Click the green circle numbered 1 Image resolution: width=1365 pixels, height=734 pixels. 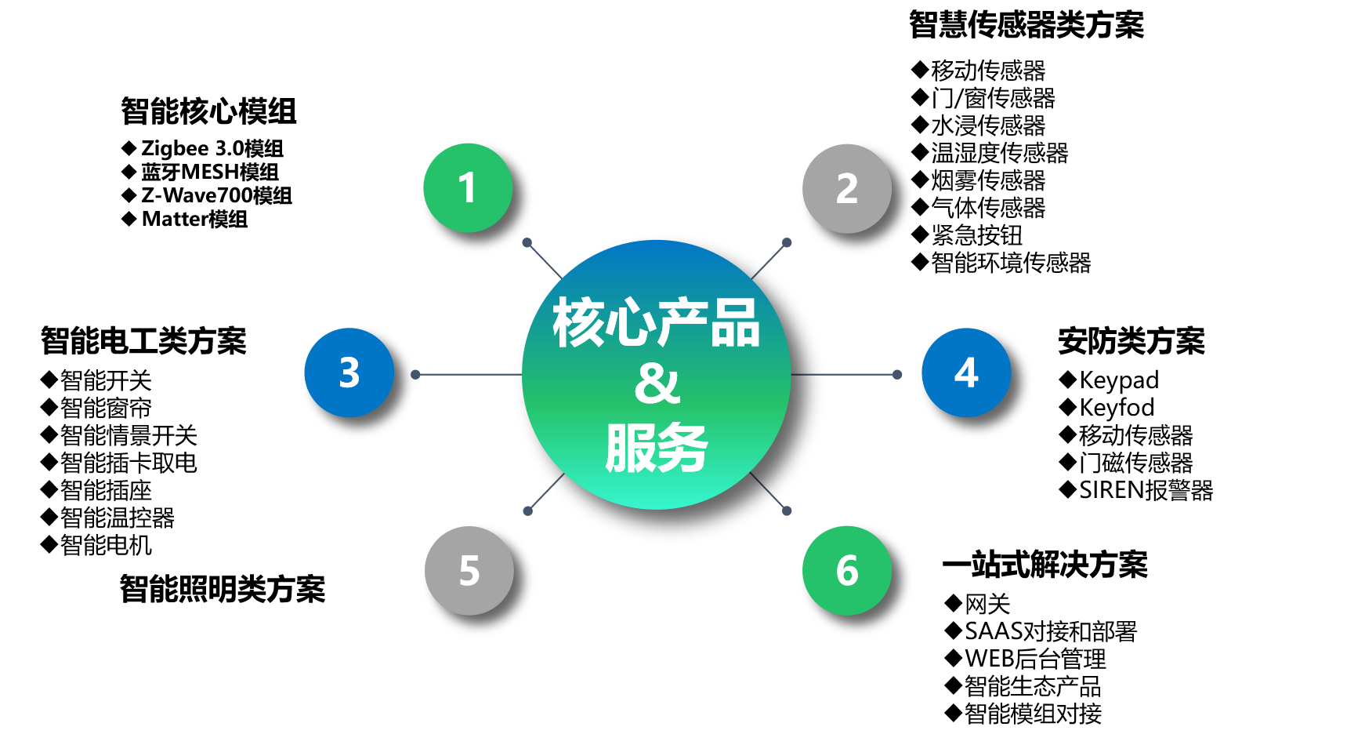pos(468,187)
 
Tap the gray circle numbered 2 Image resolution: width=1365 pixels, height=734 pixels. pos(847,188)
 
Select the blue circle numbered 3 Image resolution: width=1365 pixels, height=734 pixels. pos(349,372)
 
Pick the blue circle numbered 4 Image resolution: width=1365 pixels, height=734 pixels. pos(966,372)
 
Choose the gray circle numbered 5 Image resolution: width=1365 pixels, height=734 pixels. pos(469,570)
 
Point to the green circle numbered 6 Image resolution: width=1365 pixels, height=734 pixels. pos(847,570)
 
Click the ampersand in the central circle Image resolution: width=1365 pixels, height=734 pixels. pos(657,383)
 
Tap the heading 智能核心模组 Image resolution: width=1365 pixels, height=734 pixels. pos(208,111)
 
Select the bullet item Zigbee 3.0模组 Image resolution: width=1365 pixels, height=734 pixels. pos(203,148)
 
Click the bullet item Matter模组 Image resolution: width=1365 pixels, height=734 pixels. pos(185,219)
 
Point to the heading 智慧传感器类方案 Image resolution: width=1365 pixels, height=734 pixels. pos(1026,24)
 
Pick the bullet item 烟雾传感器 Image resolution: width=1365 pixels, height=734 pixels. pos(979,180)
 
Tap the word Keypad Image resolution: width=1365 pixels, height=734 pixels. pos(1119,380)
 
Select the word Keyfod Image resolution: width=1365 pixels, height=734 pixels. pos(1117,408)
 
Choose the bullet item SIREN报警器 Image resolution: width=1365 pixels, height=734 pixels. pos(1136,490)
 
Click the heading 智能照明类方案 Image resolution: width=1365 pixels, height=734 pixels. pos(223,589)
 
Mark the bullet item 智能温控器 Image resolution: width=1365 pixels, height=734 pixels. pos(108,518)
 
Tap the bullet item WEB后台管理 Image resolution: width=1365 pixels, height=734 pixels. pos(1026,659)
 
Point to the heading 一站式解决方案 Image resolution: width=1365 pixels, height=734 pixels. pos(1045,565)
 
